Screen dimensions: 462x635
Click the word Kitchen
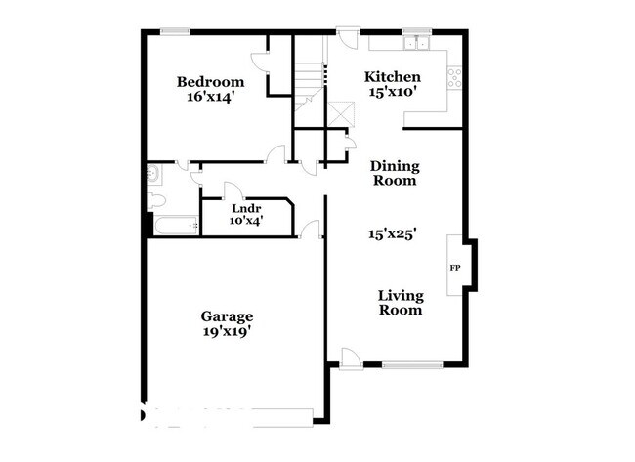point(393,77)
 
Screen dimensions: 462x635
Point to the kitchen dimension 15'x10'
point(393,93)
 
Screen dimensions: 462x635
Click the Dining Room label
point(394,173)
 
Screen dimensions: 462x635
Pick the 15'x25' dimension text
point(393,233)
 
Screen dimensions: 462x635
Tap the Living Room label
point(401,302)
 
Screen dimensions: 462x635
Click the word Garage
point(228,316)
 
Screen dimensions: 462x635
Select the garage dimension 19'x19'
point(228,331)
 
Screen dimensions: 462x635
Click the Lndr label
point(244,208)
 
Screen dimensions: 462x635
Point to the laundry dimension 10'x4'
point(244,221)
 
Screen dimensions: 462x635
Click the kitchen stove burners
point(454,77)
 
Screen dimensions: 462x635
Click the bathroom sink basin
point(154,175)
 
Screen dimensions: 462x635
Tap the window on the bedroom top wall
point(175,31)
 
